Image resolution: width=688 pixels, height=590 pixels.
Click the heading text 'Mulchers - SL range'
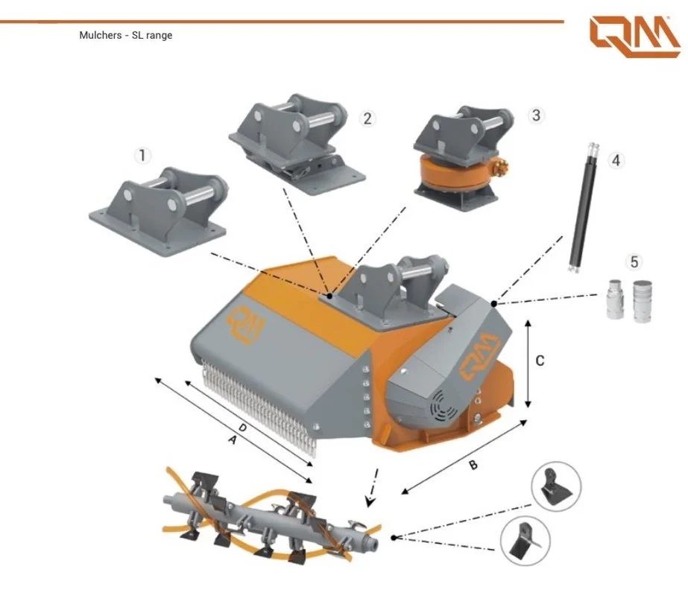(x=125, y=35)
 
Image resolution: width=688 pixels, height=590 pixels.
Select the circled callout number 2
(x=366, y=118)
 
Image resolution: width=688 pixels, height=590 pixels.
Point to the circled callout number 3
(x=535, y=115)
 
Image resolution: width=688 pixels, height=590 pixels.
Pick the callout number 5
(x=634, y=261)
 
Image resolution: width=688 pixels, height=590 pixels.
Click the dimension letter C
(x=540, y=361)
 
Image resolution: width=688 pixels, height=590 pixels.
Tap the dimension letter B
(x=472, y=466)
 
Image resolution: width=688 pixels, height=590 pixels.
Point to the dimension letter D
(x=242, y=427)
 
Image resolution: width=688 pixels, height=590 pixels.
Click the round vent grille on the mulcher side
(x=444, y=408)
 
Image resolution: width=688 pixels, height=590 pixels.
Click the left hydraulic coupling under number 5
(x=616, y=300)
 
